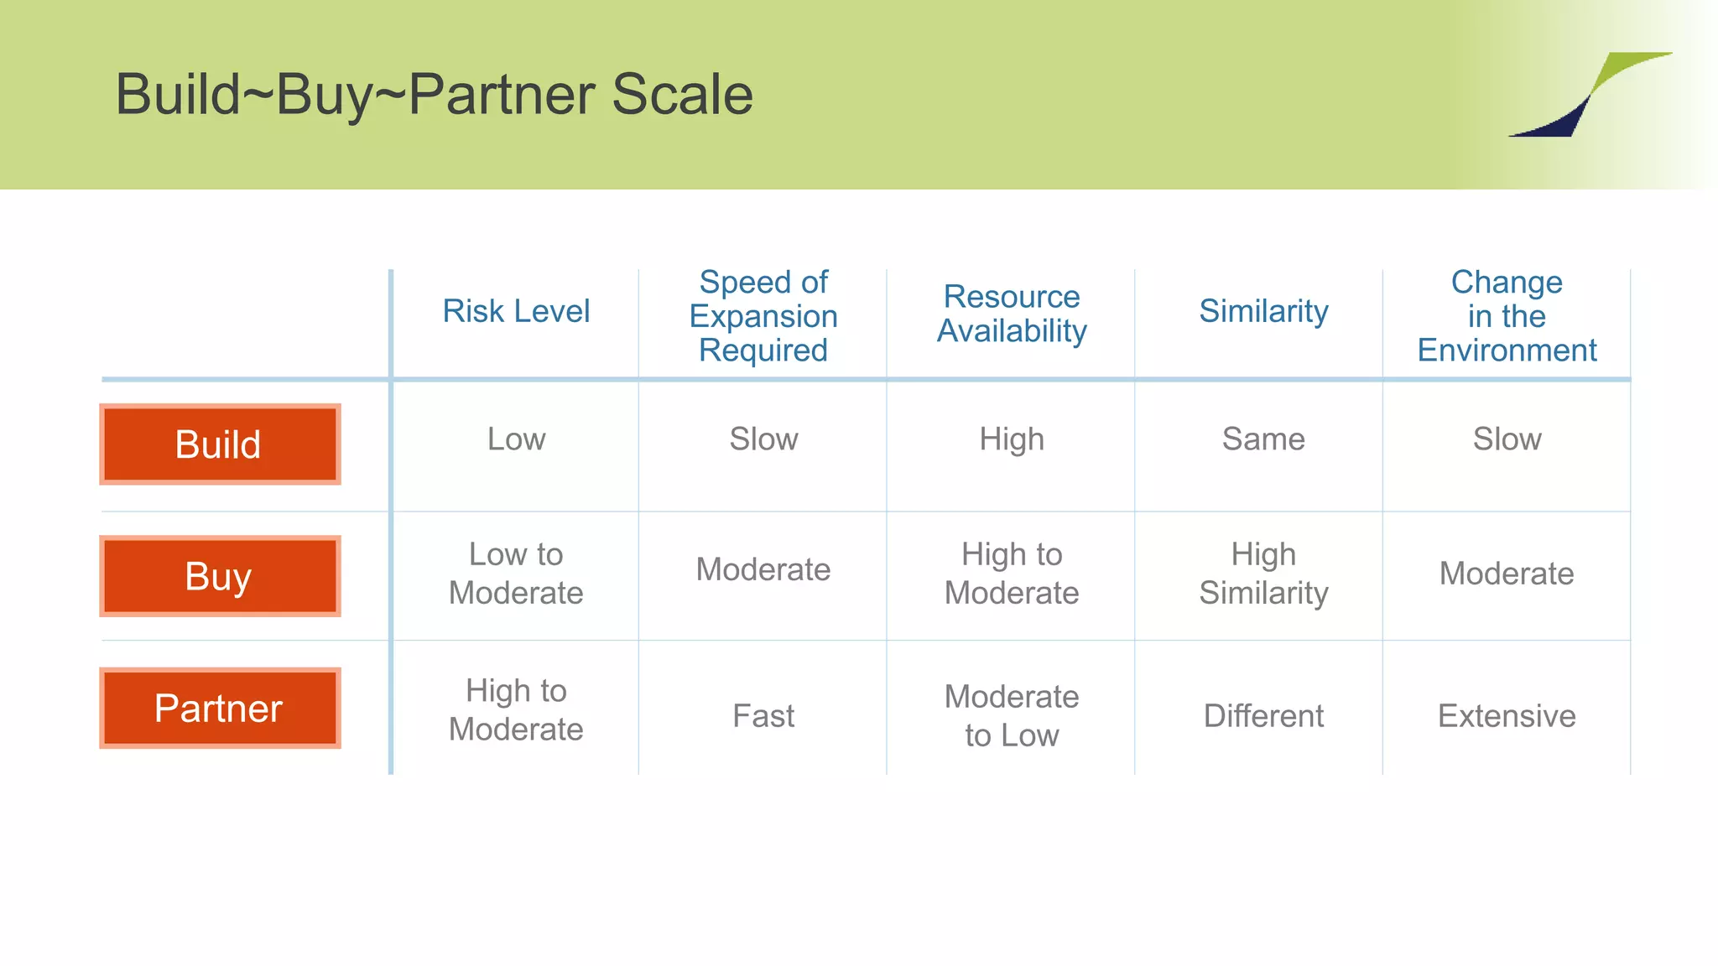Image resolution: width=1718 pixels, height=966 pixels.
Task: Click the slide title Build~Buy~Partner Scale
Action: coord(434,94)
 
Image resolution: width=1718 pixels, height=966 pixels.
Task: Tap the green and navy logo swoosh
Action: coord(1588,94)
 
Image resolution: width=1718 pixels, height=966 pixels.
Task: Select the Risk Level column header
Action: coord(516,311)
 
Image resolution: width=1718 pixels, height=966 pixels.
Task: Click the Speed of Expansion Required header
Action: coord(763,316)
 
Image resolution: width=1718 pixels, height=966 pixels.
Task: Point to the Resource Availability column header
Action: coord(1012,314)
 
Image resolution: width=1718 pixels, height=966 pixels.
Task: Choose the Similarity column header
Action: coord(1263,311)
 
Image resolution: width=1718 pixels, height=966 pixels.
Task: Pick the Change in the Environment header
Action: coord(1507,316)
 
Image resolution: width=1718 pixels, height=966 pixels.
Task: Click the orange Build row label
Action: coord(220,444)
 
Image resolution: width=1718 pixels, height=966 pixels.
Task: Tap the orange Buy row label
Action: coord(220,576)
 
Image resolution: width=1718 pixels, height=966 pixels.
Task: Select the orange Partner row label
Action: coord(220,709)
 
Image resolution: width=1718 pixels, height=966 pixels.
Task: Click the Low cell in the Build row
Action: coord(516,439)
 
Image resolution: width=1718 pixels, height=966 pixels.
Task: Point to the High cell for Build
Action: coord(1012,439)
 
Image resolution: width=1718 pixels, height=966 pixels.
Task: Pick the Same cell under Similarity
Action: coord(1263,439)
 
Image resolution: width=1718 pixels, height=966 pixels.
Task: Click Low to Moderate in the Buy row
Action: coord(516,574)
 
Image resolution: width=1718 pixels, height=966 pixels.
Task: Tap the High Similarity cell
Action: coord(1263,574)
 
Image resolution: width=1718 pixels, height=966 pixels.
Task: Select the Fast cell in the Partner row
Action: coord(763,716)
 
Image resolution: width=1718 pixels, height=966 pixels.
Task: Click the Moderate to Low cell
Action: coord(1012,716)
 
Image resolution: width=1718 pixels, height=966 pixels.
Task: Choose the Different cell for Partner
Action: coord(1263,716)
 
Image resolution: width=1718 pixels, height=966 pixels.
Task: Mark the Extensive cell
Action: coord(1507,716)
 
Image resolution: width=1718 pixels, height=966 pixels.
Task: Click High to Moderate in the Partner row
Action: coord(516,710)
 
